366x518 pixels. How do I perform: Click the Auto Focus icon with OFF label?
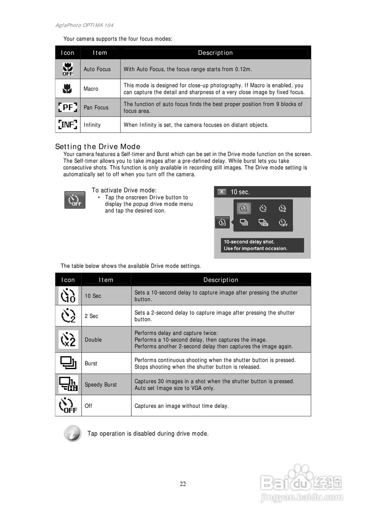pyautogui.click(x=68, y=69)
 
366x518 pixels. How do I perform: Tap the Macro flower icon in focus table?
pyautogui.click(x=68, y=88)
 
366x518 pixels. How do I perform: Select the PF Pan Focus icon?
pyautogui.click(x=68, y=107)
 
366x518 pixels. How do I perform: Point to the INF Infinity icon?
pyautogui.click(x=68, y=125)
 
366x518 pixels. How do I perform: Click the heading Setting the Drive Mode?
pyautogui.click(x=97, y=146)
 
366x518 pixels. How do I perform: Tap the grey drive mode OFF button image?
pyautogui.click(x=75, y=200)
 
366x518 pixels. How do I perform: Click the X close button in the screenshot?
pyautogui.click(x=222, y=192)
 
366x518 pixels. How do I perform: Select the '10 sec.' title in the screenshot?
pyautogui.click(x=240, y=192)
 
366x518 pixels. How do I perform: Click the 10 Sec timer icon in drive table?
pyautogui.click(x=68, y=296)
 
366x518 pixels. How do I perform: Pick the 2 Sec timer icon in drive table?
pyautogui.click(x=68, y=316)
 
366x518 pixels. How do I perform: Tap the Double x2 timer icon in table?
pyautogui.click(x=68, y=340)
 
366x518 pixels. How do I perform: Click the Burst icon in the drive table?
pyautogui.click(x=68, y=363)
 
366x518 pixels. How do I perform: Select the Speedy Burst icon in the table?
pyautogui.click(x=68, y=384)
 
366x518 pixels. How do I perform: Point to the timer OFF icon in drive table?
pyautogui.click(x=68, y=405)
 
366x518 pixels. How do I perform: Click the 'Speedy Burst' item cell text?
pyautogui.click(x=100, y=384)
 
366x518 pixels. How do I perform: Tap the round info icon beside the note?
pyautogui.click(x=72, y=433)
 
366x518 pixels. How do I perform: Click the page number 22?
pyautogui.click(x=183, y=484)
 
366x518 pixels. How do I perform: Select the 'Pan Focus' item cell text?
pyautogui.click(x=96, y=107)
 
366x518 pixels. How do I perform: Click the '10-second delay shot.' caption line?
pyautogui.click(x=249, y=242)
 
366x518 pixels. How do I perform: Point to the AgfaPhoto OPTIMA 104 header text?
pyautogui.click(x=84, y=25)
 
